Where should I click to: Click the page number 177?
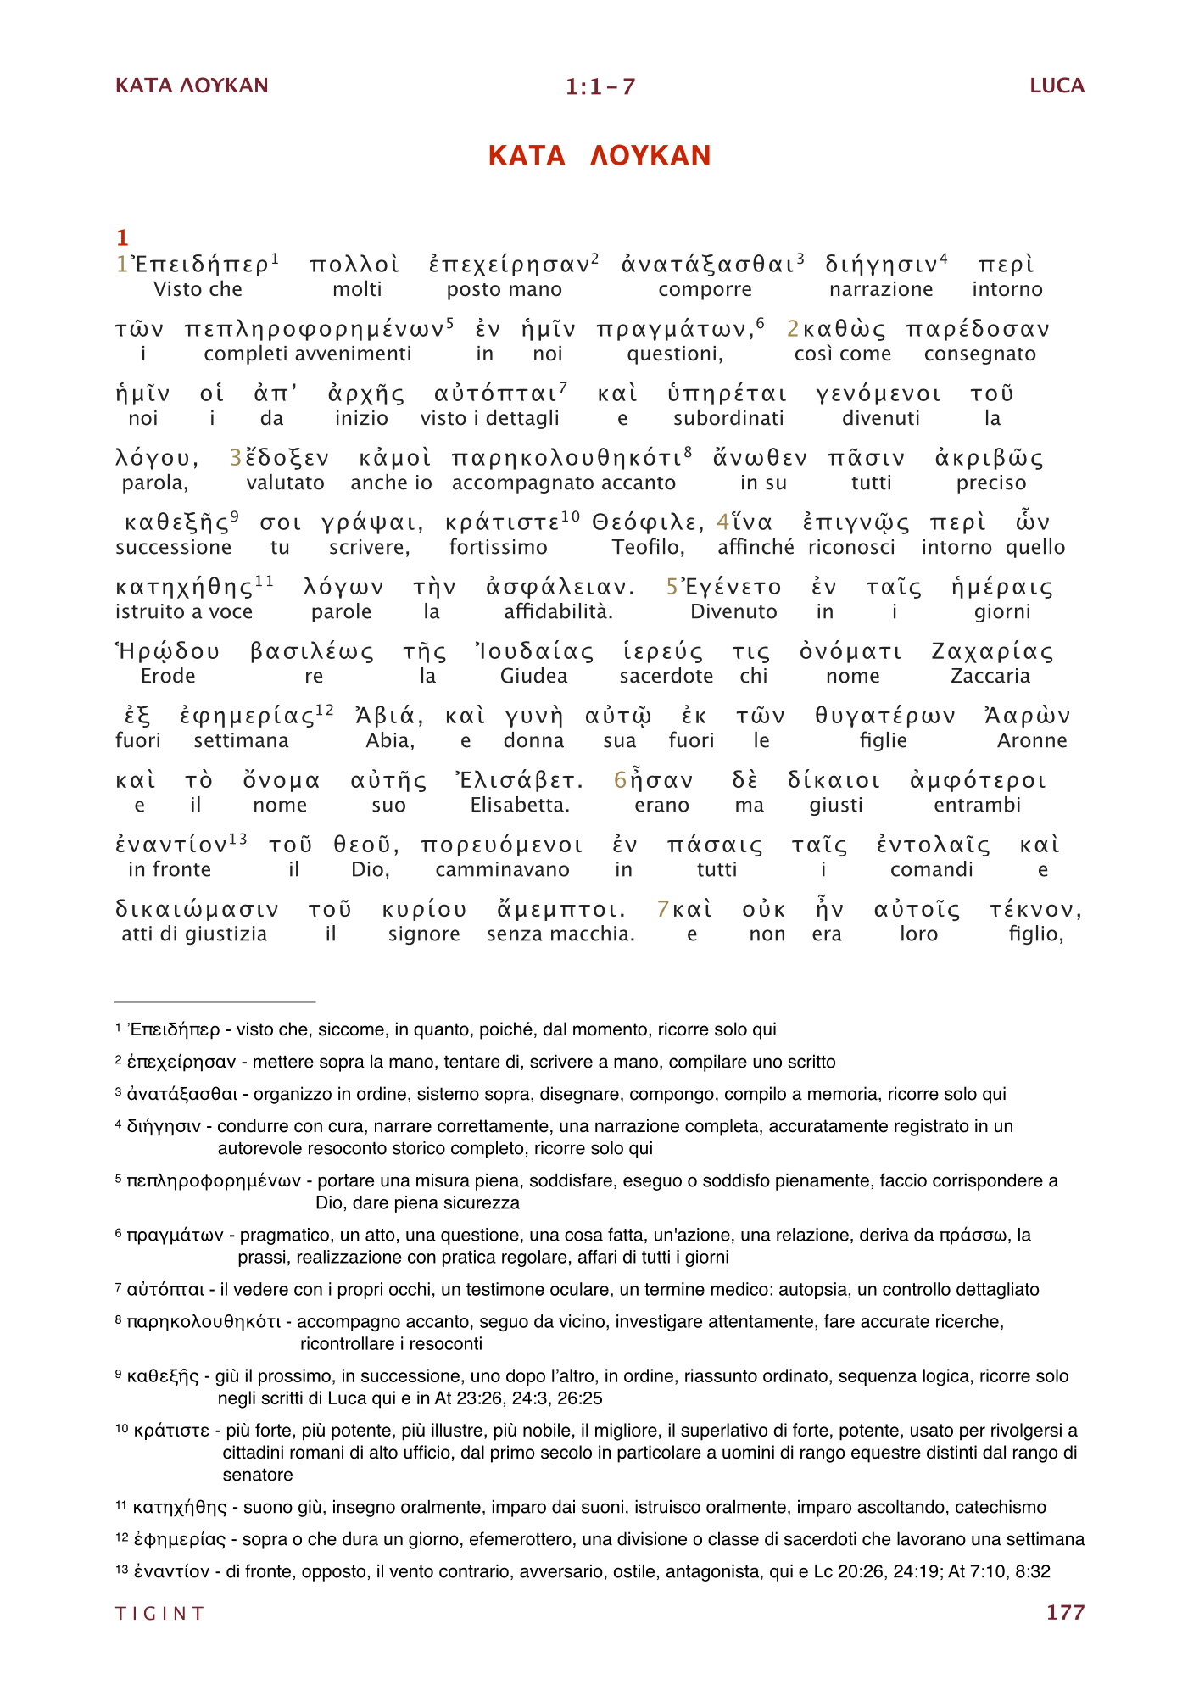point(1065,1612)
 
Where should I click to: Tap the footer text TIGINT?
point(159,1613)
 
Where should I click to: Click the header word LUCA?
point(1057,86)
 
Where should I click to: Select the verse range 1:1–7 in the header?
point(600,86)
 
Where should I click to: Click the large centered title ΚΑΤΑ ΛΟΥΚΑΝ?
point(599,155)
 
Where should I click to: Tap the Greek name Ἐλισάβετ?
point(519,780)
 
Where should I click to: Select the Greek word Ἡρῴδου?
point(168,651)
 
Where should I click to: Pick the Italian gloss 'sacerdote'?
point(666,676)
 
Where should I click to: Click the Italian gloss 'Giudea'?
point(533,676)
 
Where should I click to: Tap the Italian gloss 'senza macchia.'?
point(560,934)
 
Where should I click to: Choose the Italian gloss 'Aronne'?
point(1031,740)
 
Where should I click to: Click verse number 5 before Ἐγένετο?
point(672,587)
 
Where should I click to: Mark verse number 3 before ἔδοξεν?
point(236,458)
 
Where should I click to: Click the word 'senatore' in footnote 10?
point(258,1475)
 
